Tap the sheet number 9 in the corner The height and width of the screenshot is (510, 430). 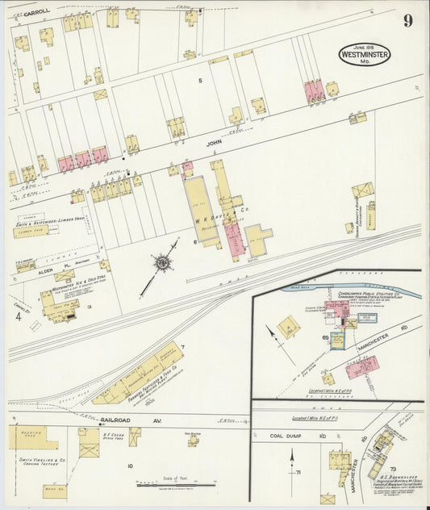[x=407, y=21]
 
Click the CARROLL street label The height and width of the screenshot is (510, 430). [x=36, y=12]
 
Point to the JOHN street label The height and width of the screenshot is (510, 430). [x=213, y=143]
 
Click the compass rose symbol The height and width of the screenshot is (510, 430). [x=163, y=262]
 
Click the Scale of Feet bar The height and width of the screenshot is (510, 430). [x=175, y=484]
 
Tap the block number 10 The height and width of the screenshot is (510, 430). [x=129, y=466]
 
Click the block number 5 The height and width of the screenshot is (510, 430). [x=200, y=81]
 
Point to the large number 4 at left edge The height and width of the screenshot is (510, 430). [x=17, y=316]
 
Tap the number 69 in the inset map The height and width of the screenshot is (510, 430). [x=325, y=335]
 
